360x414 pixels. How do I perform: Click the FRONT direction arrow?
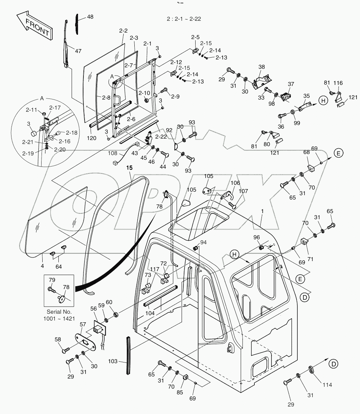click(34, 27)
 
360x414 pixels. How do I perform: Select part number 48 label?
click(90, 17)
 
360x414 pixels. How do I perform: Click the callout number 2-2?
click(123, 31)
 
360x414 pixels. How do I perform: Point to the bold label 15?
click(129, 168)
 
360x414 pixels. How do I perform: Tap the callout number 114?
click(327, 385)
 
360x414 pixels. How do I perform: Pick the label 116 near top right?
click(338, 83)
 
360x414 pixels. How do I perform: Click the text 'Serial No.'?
click(59, 312)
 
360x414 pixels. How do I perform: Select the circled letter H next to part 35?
click(323, 101)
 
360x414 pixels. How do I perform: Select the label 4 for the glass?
click(42, 266)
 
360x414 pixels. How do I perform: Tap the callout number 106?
click(235, 183)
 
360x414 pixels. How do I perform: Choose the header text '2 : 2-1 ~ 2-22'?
click(183, 19)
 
